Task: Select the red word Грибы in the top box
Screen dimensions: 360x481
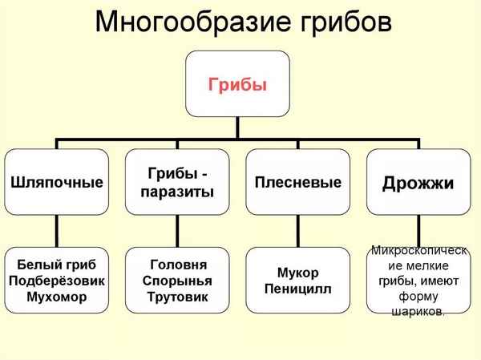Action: coord(237,84)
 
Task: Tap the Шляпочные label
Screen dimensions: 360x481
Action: coord(56,182)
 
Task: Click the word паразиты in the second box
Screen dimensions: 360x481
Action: coord(180,192)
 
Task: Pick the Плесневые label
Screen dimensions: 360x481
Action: coord(297,182)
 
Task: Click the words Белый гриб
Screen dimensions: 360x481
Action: coord(56,264)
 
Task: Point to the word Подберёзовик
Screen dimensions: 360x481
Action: coord(56,281)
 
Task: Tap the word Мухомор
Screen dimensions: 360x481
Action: coord(56,297)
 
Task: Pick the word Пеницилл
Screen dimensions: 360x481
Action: coord(297,288)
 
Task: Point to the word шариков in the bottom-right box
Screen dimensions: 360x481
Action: coord(416,312)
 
